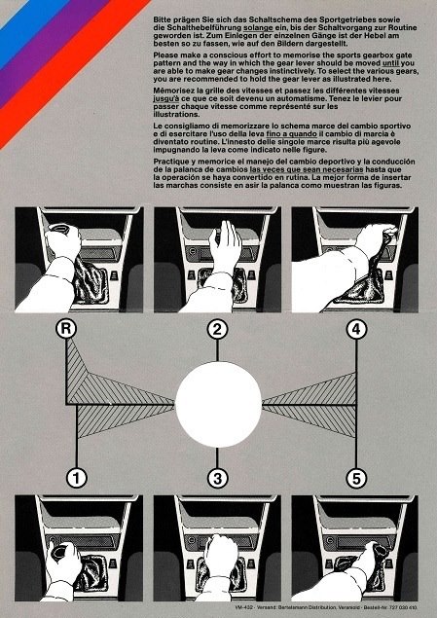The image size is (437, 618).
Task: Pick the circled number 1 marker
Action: (75, 477)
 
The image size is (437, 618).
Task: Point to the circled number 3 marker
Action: (219, 477)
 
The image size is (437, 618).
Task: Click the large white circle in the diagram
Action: (218, 403)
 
